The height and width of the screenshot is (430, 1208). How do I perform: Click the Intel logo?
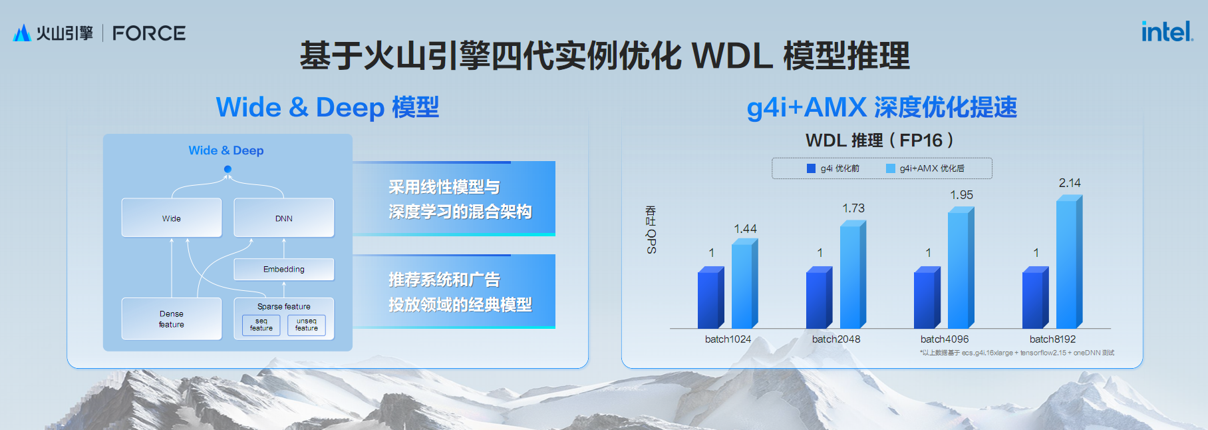tap(1167, 31)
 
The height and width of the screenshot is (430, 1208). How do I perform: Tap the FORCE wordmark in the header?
tap(149, 33)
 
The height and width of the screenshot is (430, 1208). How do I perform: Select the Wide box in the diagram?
tap(172, 218)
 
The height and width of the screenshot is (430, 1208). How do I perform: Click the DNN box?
tap(284, 218)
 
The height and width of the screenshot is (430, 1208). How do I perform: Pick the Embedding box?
tap(284, 270)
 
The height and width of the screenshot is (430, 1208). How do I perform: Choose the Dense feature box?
tap(172, 319)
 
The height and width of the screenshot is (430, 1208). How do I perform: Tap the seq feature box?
tap(261, 325)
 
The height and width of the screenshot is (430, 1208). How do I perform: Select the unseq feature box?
tap(307, 325)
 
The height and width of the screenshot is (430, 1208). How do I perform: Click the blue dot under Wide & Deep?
tap(227, 169)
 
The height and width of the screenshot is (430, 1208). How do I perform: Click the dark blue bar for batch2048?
tap(819, 298)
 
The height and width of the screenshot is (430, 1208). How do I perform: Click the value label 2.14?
tap(1070, 183)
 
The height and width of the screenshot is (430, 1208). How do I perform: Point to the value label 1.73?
tap(853, 208)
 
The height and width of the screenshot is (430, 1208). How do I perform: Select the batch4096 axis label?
tap(945, 339)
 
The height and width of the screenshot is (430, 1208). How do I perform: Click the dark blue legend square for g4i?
tap(811, 168)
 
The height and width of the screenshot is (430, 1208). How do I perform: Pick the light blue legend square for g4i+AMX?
tap(891, 168)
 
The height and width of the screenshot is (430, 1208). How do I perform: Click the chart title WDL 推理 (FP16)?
tap(879, 140)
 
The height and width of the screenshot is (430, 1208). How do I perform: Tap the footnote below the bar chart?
tap(1017, 353)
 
